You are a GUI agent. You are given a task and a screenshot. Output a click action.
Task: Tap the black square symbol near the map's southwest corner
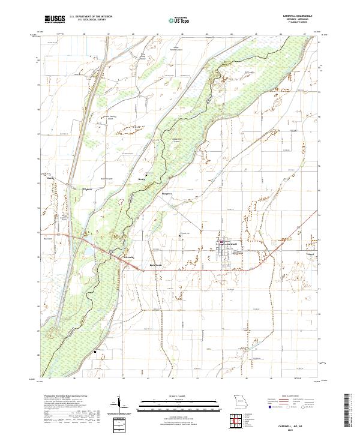(x=94, y=352)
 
